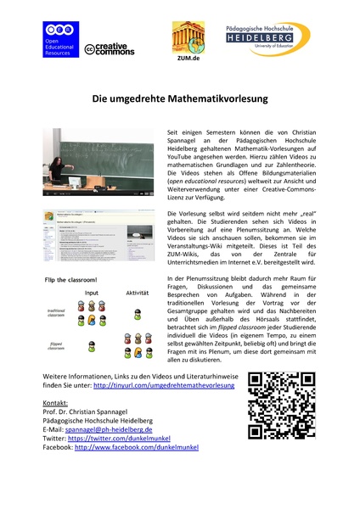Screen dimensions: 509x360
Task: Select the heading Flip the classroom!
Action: pyautogui.click(x=78, y=280)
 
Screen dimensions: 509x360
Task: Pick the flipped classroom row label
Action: pyautogui.click(x=58, y=344)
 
